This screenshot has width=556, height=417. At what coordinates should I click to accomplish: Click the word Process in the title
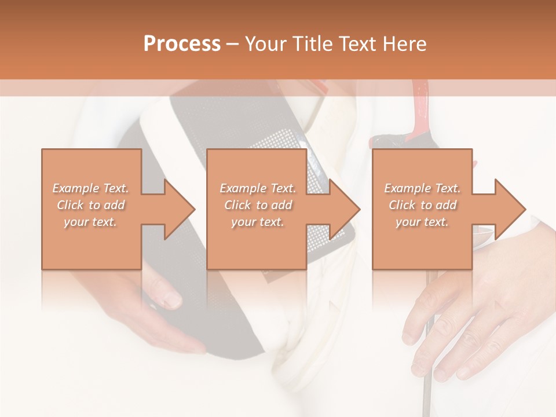click(182, 44)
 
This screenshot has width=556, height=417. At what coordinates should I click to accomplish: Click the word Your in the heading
click(266, 44)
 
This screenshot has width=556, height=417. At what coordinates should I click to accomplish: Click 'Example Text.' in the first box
click(91, 188)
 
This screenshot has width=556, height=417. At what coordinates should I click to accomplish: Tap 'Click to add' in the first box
click(91, 205)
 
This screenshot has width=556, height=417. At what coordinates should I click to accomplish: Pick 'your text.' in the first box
click(91, 222)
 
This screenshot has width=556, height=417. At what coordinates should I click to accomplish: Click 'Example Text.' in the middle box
click(258, 188)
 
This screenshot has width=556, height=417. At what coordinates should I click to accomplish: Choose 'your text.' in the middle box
click(258, 222)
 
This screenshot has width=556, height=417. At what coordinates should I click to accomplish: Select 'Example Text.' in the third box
click(423, 188)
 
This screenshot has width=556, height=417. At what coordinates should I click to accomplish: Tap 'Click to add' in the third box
click(423, 205)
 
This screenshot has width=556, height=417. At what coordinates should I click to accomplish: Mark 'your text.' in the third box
click(423, 222)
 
